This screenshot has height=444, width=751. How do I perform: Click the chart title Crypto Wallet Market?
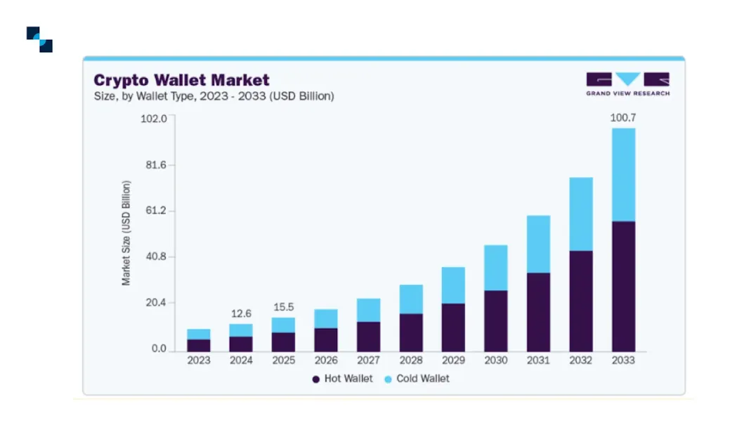click(x=181, y=79)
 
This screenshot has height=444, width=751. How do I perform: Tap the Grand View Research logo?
click(x=627, y=83)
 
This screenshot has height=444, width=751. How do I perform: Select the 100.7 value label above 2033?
click(x=622, y=117)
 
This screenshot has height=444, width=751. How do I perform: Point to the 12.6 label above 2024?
click(x=241, y=313)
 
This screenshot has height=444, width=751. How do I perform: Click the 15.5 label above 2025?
click(x=283, y=307)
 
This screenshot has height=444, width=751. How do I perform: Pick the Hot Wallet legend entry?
click(x=341, y=379)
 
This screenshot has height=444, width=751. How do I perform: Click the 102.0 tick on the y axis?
click(x=155, y=118)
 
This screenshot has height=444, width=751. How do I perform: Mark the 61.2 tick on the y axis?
click(x=155, y=211)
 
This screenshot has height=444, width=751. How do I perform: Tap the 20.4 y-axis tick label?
click(x=155, y=303)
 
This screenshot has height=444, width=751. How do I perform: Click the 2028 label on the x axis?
click(x=411, y=360)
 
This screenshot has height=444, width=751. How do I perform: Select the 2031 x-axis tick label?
click(x=538, y=360)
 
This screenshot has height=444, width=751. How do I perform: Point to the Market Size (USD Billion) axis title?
click(x=126, y=233)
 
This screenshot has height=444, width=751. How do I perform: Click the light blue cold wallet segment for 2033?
click(x=623, y=174)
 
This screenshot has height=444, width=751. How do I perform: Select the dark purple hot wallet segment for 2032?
click(x=581, y=301)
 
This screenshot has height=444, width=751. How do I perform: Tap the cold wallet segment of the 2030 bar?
click(x=496, y=267)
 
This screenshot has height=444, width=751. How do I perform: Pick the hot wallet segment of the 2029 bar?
click(x=453, y=327)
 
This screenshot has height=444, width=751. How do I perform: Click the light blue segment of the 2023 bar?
click(x=199, y=334)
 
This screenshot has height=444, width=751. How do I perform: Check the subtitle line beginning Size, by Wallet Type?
click(x=214, y=96)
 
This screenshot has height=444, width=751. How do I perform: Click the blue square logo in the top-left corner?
click(x=39, y=39)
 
